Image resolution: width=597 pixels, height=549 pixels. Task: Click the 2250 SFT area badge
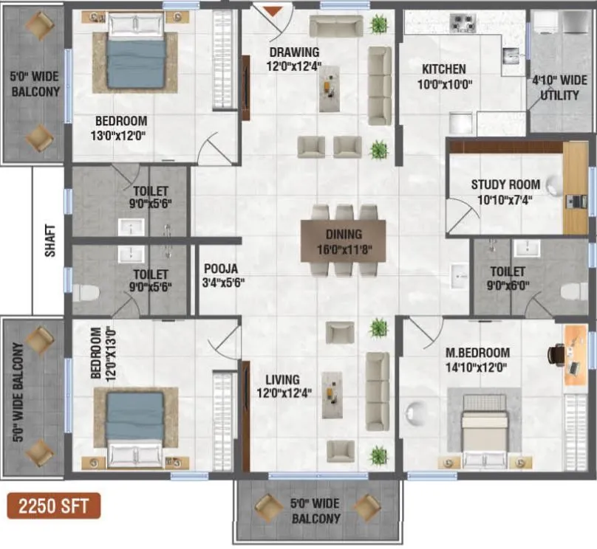pos(54,507)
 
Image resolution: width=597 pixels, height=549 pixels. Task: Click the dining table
pos(343,239)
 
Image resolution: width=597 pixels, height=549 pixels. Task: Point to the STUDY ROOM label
pos(505,184)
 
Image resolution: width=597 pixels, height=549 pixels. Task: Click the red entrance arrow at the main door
pos(273,10)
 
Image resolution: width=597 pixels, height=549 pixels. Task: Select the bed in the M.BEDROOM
pos(484,427)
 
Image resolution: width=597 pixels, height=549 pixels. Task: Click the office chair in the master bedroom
pos(556,355)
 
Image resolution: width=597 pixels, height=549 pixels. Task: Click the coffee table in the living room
pos(332,395)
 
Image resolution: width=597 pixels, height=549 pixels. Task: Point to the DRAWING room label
pos(294,52)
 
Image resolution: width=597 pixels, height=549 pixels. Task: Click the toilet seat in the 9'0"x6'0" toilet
pos(573,291)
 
